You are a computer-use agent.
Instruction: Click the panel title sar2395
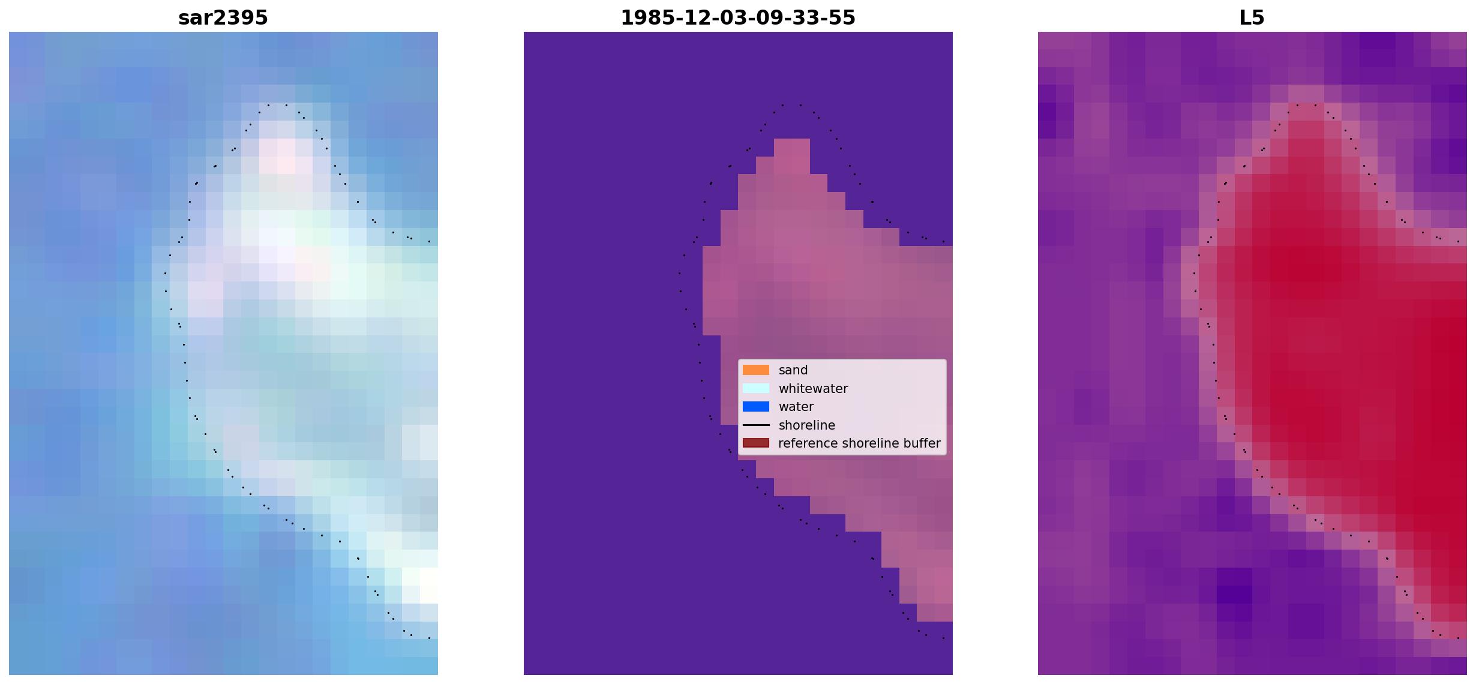pos(223,17)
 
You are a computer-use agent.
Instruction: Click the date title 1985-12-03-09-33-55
pos(738,17)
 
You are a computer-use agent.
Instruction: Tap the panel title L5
pos(1252,17)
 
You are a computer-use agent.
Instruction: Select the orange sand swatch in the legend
pos(756,370)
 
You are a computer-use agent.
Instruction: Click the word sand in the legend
pos(793,370)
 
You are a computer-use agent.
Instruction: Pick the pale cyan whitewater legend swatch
pos(756,388)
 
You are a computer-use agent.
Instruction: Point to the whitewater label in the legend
pos(813,389)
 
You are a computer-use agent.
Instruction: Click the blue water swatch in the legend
pos(756,407)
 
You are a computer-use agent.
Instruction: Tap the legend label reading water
pos(796,407)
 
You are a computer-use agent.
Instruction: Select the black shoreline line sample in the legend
pos(756,425)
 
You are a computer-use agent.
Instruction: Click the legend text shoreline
pos(807,425)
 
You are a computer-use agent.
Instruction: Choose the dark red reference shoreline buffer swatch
pos(756,443)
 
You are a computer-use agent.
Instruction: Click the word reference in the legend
pos(808,443)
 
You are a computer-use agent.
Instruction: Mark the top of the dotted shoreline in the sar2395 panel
pos(277,105)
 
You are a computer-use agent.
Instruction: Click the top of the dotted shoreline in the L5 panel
pos(1306,105)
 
